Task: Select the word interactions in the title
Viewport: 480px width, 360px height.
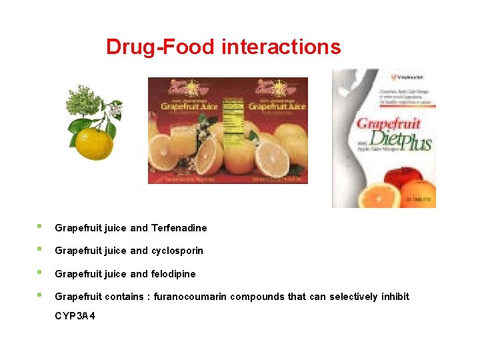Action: tap(281, 47)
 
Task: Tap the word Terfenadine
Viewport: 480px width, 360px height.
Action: tap(179, 228)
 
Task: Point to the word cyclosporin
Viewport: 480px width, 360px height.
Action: tap(177, 251)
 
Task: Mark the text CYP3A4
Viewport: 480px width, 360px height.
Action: tap(75, 315)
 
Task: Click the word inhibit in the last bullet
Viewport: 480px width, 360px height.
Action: tap(394, 297)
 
